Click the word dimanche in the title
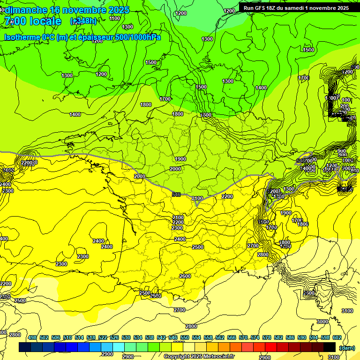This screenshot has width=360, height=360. coord(26,10)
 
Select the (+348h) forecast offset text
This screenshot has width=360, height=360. coord(83,21)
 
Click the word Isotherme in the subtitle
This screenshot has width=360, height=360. coord(22,37)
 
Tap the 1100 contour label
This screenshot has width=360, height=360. coord(114,18)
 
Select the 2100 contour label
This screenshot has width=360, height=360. coord(197,199)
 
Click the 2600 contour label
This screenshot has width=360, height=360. coord(185,276)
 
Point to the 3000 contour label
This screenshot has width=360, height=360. coord(322,322)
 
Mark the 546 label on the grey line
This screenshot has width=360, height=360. coord(176,194)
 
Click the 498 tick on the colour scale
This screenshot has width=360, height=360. coord(32,338)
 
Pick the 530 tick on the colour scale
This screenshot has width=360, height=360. coord(126,338)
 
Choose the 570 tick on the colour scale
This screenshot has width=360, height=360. coord(243,338)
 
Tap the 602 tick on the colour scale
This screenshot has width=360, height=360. coord(337,338)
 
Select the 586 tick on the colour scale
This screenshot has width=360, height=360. coord(290,338)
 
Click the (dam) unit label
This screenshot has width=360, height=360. coord(346,347)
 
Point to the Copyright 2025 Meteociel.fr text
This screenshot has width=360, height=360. coord(199,356)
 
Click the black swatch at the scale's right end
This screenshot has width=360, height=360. coord(330,347)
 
